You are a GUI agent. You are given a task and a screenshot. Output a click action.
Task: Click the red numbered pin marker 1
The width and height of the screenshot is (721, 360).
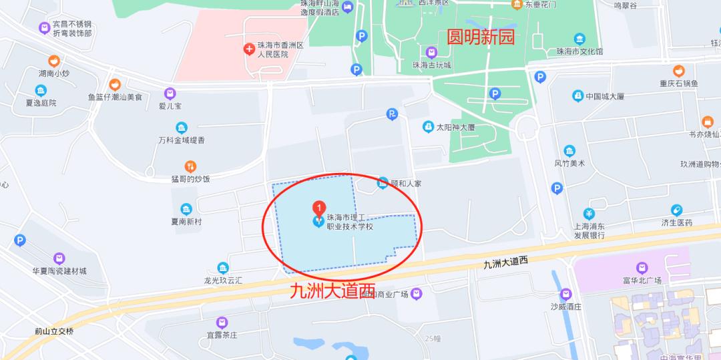tap(320, 208)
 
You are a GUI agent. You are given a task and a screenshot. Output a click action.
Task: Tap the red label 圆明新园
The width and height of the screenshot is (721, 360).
tap(480, 37)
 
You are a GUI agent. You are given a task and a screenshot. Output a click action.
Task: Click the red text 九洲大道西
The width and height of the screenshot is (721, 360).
tap(332, 291)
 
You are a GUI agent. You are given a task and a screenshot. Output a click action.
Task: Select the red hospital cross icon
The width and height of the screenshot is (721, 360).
tap(249, 48)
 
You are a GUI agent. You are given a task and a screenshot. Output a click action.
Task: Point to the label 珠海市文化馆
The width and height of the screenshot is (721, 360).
tap(579, 51)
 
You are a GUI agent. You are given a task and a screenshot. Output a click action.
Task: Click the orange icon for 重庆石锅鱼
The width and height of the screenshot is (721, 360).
tap(678, 71)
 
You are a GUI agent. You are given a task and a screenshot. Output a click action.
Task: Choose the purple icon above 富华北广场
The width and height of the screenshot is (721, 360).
tap(642, 267)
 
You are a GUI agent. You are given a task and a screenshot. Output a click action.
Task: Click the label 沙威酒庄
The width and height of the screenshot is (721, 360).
tap(566, 307)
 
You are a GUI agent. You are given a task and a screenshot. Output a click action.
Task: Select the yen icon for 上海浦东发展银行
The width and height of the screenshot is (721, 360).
tap(589, 214)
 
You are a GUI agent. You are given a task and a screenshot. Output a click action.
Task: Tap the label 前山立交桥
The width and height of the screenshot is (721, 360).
tap(55, 331)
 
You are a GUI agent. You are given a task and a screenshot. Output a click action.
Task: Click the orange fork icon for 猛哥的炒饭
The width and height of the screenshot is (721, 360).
tap(190, 166)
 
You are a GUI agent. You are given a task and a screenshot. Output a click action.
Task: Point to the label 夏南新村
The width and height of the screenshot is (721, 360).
tap(186, 222)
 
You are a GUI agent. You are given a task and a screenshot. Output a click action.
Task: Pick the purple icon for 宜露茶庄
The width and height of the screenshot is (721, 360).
tap(222, 323)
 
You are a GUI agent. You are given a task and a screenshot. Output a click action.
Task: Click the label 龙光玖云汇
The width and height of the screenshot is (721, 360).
tap(223, 280)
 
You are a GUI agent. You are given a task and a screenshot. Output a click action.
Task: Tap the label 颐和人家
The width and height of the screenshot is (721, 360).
tap(408, 183)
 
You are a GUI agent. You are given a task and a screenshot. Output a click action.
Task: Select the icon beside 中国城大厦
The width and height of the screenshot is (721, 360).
tap(577, 96)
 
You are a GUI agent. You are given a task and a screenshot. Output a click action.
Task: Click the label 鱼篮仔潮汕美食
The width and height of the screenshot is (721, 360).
tap(115, 97)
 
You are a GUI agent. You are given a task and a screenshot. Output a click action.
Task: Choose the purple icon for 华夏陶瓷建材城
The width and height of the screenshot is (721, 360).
tap(59, 258)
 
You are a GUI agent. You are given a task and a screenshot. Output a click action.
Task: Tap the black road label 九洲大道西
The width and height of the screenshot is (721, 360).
tap(505, 262)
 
